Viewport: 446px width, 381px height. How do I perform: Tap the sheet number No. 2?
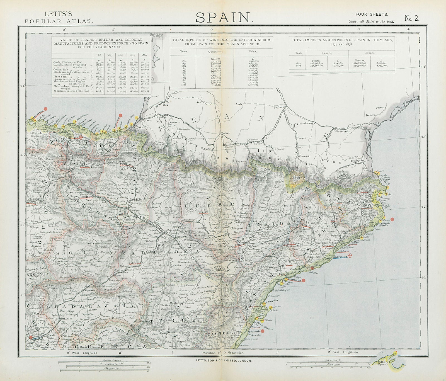[x=412, y=18]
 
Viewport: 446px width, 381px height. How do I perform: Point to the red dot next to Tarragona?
[x=304, y=280]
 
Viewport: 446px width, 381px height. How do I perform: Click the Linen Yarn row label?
[x=62, y=76]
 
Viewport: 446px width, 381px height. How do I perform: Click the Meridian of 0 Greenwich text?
[x=223, y=353]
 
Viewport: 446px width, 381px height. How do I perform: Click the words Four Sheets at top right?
[x=372, y=14]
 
